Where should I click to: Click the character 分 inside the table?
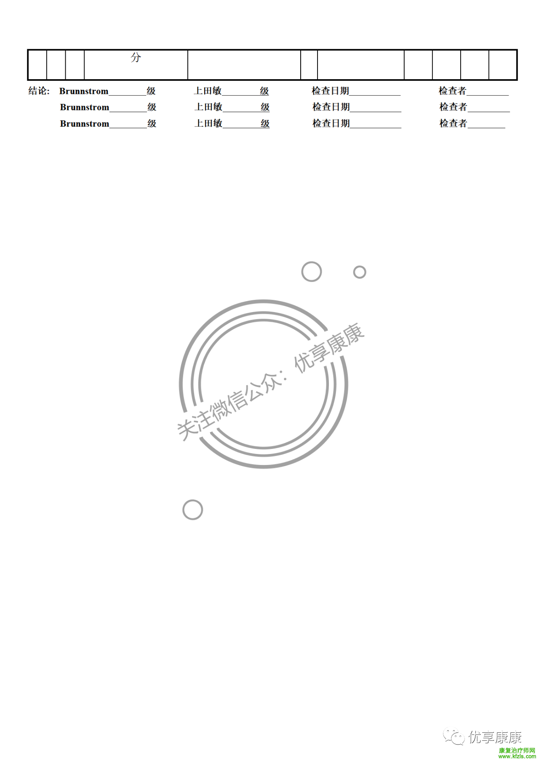[x=136, y=57]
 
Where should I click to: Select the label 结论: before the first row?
[x=39, y=91]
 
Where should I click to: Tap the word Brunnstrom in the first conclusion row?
[x=84, y=91]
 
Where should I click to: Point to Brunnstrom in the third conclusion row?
[x=85, y=123]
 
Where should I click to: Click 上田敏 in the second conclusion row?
[x=208, y=107]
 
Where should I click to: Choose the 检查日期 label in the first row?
[x=331, y=91]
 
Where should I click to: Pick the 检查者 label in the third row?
[x=453, y=123]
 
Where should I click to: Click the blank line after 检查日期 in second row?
[x=376, y=111]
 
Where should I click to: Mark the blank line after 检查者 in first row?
[x=488, y=95]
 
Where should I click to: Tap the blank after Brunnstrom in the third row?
[x=128, y=128]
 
